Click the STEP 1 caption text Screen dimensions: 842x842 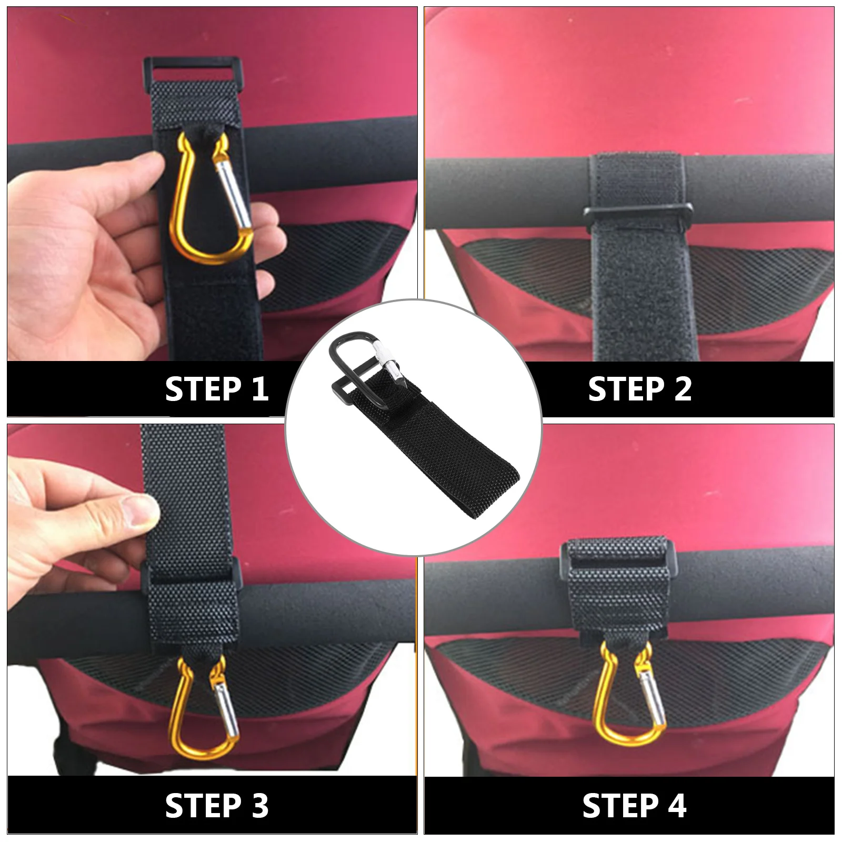(216, 389)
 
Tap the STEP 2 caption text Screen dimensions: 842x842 (639, 389)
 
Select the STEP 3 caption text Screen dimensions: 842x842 (216, 806)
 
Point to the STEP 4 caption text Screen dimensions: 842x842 (634, 806)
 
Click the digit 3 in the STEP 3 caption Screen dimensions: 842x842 (260, 806)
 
